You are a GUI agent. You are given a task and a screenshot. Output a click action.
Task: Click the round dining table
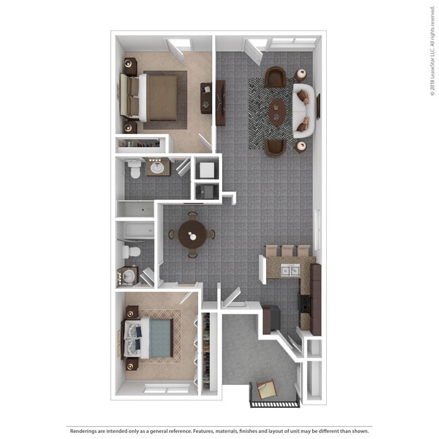(193, 235)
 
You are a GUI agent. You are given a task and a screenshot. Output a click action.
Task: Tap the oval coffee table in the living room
(277, 111)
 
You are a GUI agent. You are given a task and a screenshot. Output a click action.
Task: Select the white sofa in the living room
(303, 111)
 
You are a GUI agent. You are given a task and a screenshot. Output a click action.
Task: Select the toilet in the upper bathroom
(134, 169)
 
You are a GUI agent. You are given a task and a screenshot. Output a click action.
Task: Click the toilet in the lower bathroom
(132, 253)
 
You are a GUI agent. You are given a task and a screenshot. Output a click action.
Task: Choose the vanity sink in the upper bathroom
(159, 167)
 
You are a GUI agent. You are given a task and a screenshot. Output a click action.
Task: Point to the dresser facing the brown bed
(205, 97)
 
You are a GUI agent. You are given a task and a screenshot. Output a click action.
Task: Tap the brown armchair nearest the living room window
(275, 77)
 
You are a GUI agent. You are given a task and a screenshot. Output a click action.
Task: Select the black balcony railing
(274, 403)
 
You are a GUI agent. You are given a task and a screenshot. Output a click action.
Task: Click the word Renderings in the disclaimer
(86, 430)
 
